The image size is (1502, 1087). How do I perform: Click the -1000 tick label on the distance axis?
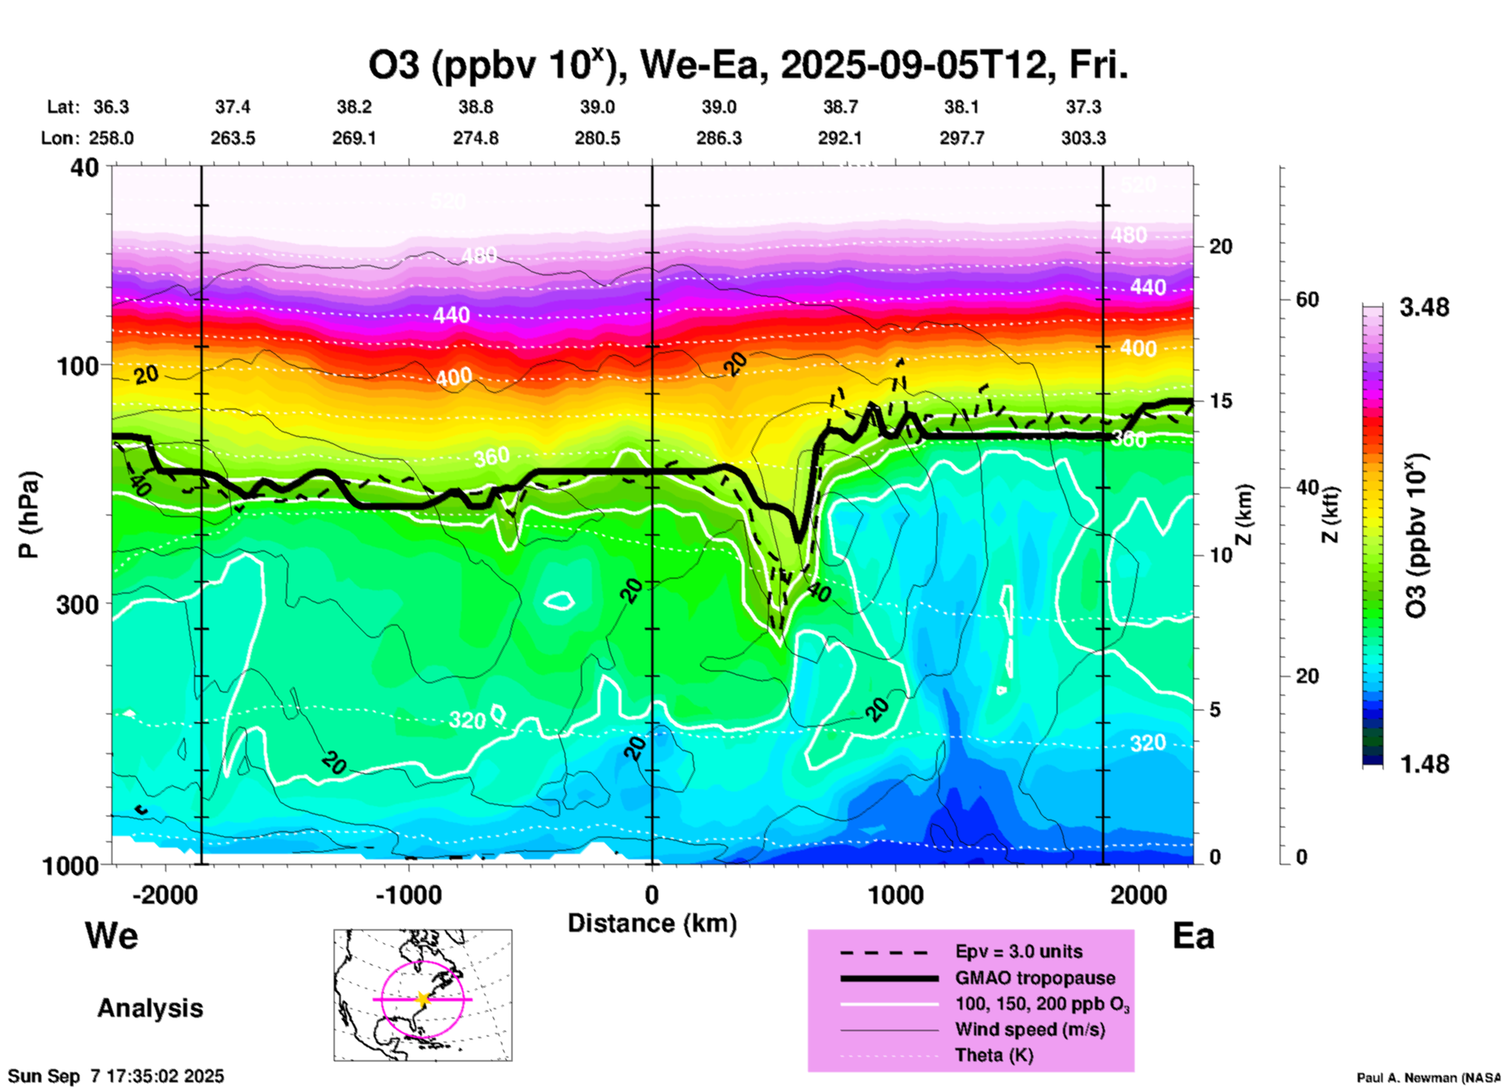tap(409, 895)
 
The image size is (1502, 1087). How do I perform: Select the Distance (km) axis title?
tap(652, 923)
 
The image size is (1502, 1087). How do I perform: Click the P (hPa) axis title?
tap(29, 515)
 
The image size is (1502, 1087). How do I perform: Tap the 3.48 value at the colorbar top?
tap(1424, 308)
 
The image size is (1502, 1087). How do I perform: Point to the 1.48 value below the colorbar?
tap(1424, 764)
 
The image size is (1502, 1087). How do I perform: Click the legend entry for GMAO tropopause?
tap(1035, 978)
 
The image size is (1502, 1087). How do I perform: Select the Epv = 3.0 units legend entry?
tap(1018, 952)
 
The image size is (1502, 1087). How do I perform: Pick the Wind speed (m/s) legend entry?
tap(1029, 1029)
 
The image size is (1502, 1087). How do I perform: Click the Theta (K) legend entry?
tap(994, 1055)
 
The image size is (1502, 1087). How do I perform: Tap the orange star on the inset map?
tap(423, 999)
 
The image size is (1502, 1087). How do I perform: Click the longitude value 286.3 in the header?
tap(719, 138)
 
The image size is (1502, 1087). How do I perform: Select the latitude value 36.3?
tap(112, 107)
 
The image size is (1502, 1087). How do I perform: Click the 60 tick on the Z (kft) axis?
tap(1307, 299)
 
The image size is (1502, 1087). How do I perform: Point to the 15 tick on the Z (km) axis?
tap(1220, 401)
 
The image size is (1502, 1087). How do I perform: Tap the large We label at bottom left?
tap(112, 936)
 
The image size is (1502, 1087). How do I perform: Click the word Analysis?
tap(150, 1008)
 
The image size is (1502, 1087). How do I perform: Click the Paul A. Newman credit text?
tap(1428, 1078)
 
